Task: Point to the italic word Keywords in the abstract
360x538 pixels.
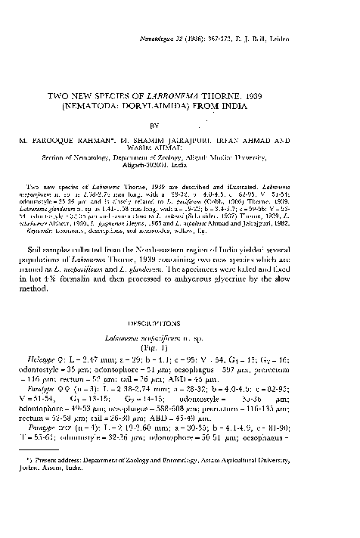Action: (50, 250)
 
